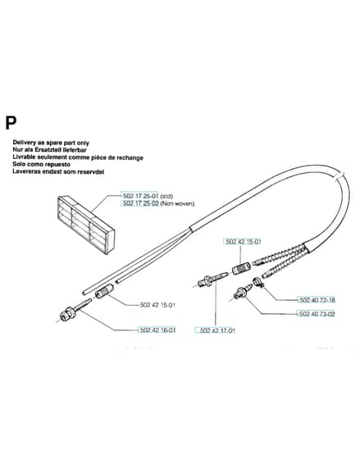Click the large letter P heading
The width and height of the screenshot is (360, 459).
(11, 123)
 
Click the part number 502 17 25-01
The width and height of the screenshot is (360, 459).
(140, 196)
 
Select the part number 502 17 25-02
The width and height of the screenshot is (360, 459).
(140, 203)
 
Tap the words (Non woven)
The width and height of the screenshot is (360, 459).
(177, 203)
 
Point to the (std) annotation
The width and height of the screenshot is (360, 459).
(166, 196)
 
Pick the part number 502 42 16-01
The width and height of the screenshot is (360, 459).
(157, 330)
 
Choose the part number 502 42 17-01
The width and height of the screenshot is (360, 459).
(216, 330)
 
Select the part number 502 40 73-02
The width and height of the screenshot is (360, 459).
(317, 314)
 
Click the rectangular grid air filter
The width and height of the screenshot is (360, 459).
(85, 225)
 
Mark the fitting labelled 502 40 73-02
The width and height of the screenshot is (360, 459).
(243, 291)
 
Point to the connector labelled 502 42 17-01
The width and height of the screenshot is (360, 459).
(212, 279)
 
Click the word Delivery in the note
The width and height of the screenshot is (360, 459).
(24, 143)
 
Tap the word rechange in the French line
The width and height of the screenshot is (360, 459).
(130, 157)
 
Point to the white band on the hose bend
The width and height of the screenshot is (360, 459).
(339, 176)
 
